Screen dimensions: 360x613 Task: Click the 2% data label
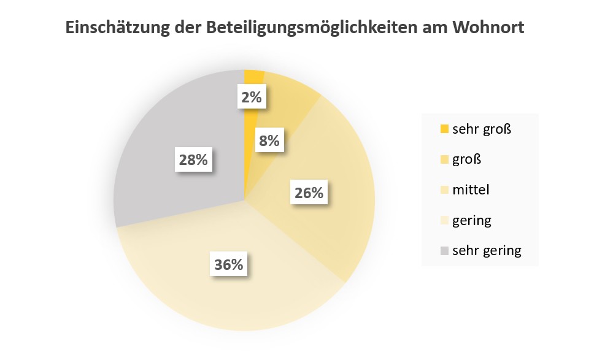click(252, 97)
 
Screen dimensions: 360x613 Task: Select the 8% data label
click(269, 140)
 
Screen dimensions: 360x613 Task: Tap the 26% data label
click(309, 193)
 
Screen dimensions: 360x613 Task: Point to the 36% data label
click(229, 265)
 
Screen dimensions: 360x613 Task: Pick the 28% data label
click(193, 160)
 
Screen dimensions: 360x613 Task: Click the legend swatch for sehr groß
click(444, 129)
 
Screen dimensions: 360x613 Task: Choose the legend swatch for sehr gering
click(444, 250)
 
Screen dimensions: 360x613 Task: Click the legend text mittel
click(471, 190)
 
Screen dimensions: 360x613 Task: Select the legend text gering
click(472, 220)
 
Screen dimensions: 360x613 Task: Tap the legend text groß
click(466, 159)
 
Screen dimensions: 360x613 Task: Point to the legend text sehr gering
click(487, 250)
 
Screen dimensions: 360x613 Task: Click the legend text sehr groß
click(482, 129)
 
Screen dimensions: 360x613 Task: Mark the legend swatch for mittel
click(444, 190)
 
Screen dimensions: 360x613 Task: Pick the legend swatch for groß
click(444, 159)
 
